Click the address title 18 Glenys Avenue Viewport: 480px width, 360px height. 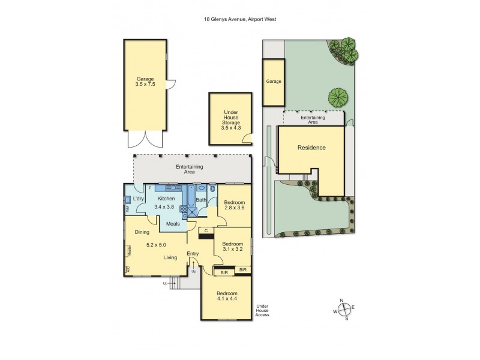point(240,19)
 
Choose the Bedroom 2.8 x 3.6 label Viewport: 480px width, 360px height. point(235,206)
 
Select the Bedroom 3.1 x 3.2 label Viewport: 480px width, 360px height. point(233,248)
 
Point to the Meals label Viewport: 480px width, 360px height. point(173,224)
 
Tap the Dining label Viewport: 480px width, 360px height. point(142,232)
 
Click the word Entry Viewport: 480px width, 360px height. point(193,254)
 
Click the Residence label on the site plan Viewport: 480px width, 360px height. point(311,148)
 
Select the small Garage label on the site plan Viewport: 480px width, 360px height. point(274,81)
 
